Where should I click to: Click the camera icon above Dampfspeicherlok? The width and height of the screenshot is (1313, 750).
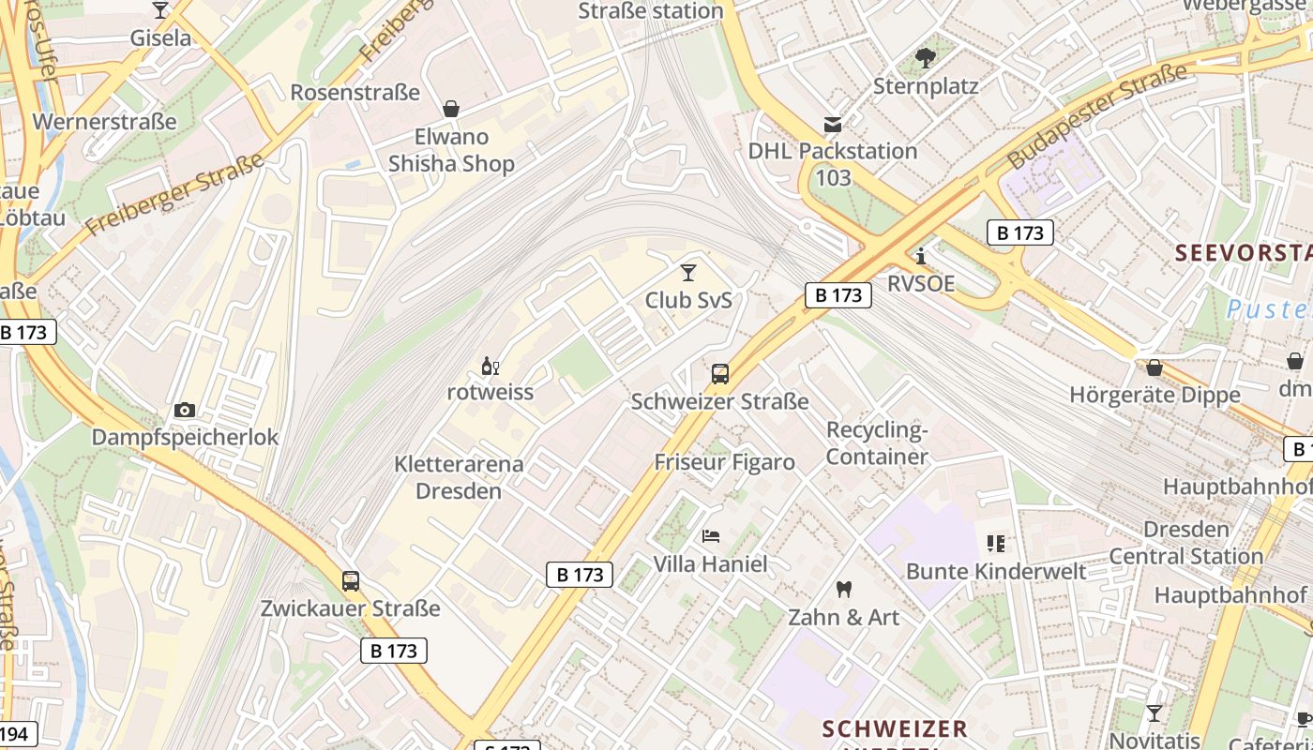coord(185,410)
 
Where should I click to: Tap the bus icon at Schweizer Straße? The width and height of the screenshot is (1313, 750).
coord(720,374)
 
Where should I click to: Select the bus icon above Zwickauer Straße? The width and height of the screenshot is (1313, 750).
coord(351,580)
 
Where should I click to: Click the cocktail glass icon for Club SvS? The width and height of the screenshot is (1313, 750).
coord(688,273)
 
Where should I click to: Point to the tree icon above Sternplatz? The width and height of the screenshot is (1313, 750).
coord(926,58)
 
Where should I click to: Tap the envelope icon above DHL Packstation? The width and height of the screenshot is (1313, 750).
coord(832,124)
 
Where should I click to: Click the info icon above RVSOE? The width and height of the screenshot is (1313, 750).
coord(921,256)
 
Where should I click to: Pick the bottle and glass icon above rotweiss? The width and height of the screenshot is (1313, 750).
coord(490,366)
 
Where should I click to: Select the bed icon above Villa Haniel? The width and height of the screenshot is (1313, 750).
coord(711,536)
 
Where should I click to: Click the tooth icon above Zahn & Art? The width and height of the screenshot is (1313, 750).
coord(843,590)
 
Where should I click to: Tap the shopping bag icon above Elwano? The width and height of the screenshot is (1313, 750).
coord(451,109)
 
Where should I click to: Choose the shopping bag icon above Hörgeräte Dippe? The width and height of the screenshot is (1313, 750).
coord(1155,367)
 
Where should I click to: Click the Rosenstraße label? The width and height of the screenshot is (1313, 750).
coord(355,92)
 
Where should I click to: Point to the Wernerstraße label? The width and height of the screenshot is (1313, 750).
coord(104,122)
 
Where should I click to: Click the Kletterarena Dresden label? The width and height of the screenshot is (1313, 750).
coord(459,477)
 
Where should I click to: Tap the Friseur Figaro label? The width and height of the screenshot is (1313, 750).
coord(724,462)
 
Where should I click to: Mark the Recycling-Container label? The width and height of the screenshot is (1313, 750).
coord(877,443)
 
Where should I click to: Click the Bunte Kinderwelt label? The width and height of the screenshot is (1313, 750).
coord(996,571)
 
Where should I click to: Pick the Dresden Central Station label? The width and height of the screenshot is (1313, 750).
coord(1186,543)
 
